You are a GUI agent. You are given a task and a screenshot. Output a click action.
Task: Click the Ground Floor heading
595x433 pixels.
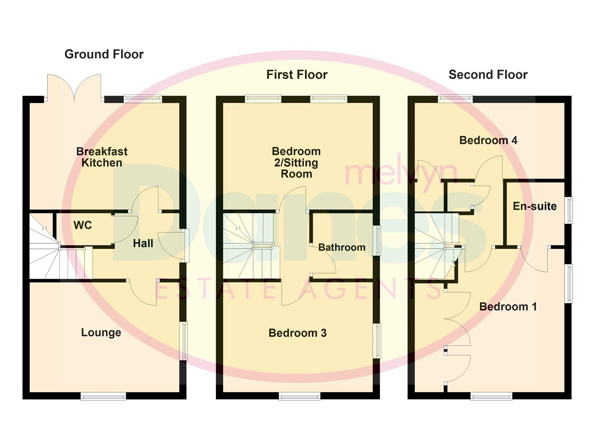(x=104, y=54)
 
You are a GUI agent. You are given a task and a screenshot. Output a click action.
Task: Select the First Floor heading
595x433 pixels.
(x=297, y=75)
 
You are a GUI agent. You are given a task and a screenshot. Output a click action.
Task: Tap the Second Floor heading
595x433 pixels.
(x=488, y=75)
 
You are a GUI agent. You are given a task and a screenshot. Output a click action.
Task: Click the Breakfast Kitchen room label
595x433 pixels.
(x=102, y=157)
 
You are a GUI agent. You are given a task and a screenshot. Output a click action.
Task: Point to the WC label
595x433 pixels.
(x=83, y=225)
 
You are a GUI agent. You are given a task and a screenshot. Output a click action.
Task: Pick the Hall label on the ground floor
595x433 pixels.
(x=143, y=243)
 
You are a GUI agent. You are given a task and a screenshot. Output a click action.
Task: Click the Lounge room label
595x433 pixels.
(x=101, y=332)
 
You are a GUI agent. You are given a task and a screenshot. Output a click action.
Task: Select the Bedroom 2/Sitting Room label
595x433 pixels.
(x=296, y=163)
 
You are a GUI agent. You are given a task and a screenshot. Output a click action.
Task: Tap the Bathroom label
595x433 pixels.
(x=342, y=247)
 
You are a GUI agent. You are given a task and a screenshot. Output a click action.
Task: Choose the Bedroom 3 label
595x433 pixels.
(x=297, y=333)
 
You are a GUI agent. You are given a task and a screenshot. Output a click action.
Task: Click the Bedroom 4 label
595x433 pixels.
(x=488, y=140)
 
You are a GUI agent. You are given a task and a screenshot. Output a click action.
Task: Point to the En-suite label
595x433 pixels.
(x=534, y=206)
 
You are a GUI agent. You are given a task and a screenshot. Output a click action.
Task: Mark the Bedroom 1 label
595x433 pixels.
(x=508, y=307)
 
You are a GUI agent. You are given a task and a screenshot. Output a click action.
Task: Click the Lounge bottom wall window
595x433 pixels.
(x=103, y=397)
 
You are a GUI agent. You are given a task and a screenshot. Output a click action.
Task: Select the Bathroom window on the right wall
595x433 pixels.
(x=377, y=241)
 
